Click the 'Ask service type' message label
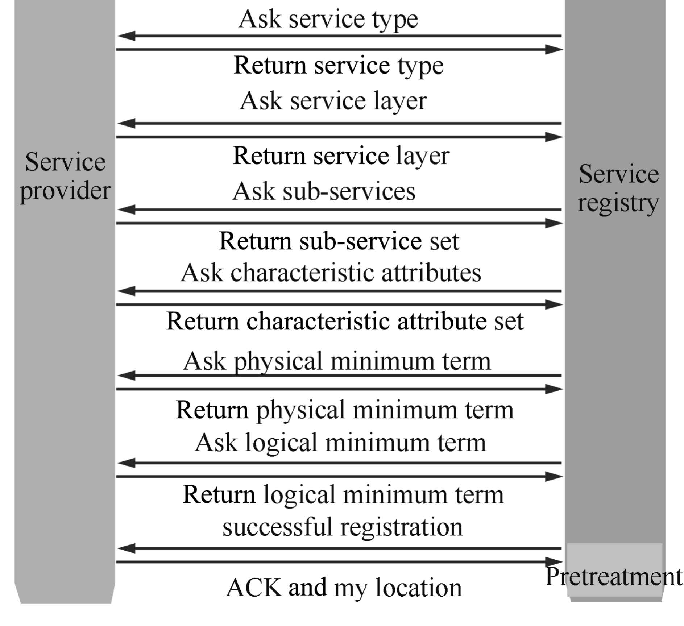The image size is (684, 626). click(x=328, y=19)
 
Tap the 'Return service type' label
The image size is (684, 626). click(x=339, y=66)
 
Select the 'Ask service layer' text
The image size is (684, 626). click(x=333, y=101)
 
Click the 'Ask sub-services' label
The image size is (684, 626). click(x=324, y=191)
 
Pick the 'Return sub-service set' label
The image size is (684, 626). click(x=339, y=241)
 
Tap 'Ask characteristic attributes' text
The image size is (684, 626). click(x=331, y=273)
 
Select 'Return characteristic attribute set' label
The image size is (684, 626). click(x=345, y=321)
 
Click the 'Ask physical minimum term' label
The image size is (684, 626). click(x=337, y=361)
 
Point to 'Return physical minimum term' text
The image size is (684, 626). click(x=344, y=410)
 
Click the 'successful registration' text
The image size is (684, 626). click(x=343, y=527)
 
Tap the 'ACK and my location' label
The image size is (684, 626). click(x=344, y=587)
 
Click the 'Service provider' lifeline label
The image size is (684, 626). click(x=65, y=177)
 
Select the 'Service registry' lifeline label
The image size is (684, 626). click(x=618, y=188)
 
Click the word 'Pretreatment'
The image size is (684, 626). click(x=614, y=577)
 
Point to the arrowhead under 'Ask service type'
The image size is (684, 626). click(x=126, y=36)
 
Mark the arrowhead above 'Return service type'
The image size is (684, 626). click(x=554, y=49)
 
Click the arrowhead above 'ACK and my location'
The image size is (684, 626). click(x=554, y=562)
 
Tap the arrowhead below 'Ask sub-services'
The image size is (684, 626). click(x=126, y=210)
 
